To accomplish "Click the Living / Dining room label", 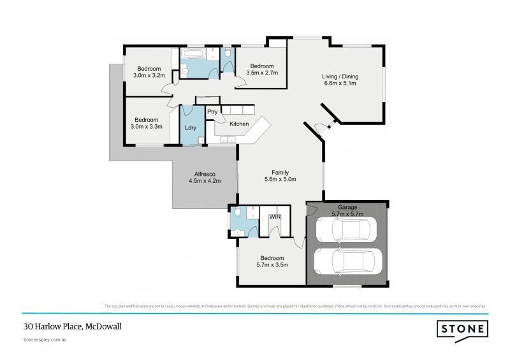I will click(339, 79).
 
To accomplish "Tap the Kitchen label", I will click(239, 124).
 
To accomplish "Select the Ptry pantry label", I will click(212, 112).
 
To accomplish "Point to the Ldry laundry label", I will click(190, 127).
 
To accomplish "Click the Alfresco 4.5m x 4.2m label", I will click(204, 177).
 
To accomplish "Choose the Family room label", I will click(280, 176).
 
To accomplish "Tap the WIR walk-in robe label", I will click(275, 217).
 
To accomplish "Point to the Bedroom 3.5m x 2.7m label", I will click(261, 69).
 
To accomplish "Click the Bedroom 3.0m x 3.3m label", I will click(147, 123).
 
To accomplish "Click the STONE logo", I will click(462, 329).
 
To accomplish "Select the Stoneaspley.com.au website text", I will click(45, 341).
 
